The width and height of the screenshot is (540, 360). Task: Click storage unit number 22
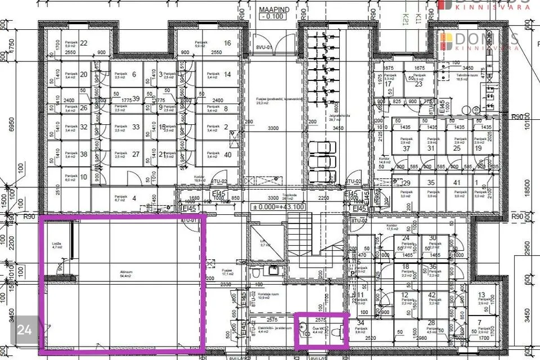point(84,43)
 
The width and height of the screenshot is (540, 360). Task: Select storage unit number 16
point(227,43)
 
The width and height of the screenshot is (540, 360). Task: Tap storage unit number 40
point(227,155)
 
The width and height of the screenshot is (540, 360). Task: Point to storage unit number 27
point(135,154)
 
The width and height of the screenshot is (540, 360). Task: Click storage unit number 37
point(405,148)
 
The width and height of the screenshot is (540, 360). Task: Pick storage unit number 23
point(418,84)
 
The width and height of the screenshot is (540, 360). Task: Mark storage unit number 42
point(433,295)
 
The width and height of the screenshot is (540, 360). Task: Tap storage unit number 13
point(481,295)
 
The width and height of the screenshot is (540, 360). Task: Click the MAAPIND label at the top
point(273,10)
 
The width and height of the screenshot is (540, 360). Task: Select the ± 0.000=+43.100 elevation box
point(278,207)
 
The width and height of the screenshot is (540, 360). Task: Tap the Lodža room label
point(57,244)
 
